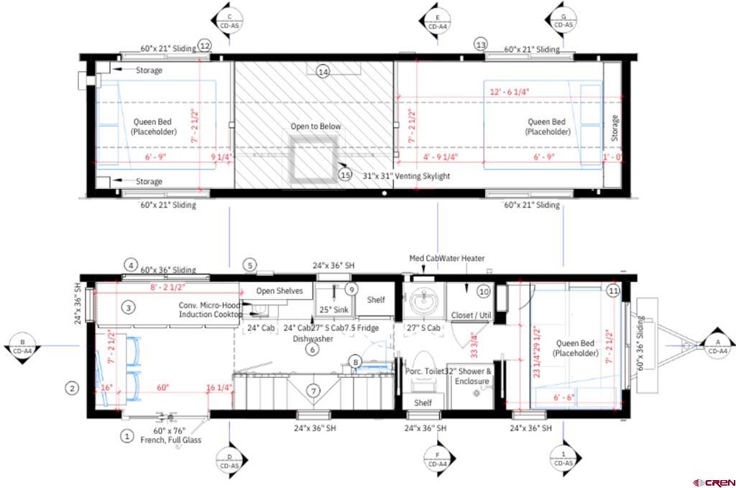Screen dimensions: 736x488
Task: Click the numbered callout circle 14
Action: click(x=323, y=72)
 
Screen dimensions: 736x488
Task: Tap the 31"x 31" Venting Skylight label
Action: click(x=406, y=176)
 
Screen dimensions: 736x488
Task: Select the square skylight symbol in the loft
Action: click(x=312, y=157)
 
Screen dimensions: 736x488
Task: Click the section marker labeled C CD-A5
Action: click(x=229, y=21)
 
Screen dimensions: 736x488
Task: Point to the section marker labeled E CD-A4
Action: click(x=437, y=22)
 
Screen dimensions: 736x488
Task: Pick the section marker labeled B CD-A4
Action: click(x=23, y=346)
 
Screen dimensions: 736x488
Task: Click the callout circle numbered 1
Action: click(x=126, y=436)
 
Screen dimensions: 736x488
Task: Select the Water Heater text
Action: click(x=466, y=259)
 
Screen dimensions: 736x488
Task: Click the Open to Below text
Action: click(x=316, y=126)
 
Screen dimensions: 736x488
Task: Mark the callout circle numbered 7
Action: click(x=313, y=391)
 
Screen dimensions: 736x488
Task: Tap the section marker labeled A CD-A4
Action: click(x=717, y=346)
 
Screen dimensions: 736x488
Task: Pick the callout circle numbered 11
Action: click(x=613, y=291)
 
